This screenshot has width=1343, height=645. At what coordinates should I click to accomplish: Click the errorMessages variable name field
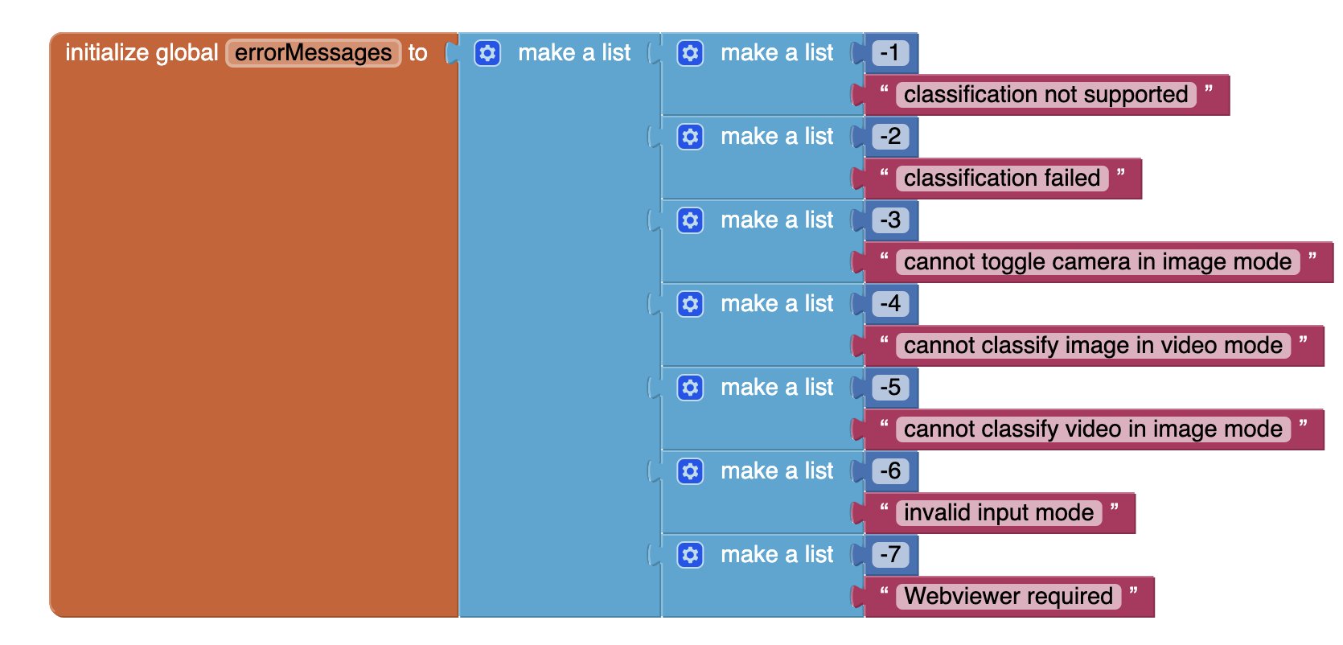pos(313,53)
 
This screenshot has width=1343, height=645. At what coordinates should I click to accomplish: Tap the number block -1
pos(889,53)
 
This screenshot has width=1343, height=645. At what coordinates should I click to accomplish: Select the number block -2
pos(889,137)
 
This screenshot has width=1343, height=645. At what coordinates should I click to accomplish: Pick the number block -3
pos(889,220)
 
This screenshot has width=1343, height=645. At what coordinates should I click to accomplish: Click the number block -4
pos(889,304)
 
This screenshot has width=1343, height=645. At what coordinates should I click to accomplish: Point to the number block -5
pos(889,387)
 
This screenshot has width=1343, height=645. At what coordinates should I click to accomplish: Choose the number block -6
pos(889,471)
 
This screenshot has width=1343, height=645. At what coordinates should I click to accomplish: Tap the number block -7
pos(889,554)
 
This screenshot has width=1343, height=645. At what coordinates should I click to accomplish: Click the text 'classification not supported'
pos(1045,95)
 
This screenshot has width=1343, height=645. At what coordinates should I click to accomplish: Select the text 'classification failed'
pos(1002,178)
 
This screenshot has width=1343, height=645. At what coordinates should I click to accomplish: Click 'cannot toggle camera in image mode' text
pos(1097,262)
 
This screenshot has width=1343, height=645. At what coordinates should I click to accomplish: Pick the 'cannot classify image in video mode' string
pos(1092,345)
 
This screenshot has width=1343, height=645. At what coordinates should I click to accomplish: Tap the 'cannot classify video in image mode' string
pos(1092,429)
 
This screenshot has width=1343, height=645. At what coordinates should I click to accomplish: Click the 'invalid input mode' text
pos(998,512)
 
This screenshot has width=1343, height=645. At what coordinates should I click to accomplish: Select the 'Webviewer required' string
pos(1008,597)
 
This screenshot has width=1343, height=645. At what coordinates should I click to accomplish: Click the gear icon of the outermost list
pos(487,53)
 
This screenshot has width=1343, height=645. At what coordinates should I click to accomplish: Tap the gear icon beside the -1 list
pos(690,53)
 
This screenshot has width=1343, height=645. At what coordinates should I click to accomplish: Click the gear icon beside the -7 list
pos(690,555)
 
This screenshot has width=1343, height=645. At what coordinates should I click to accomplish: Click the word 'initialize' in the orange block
pos(107,53)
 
